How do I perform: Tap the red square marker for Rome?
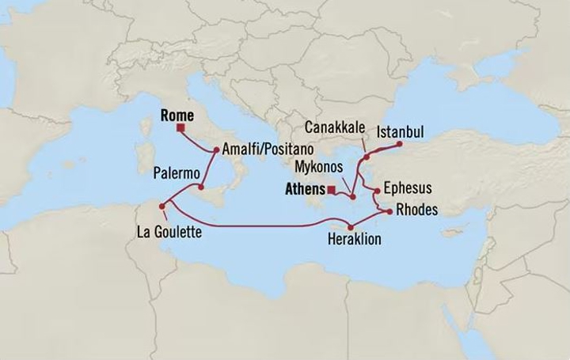point(181,127)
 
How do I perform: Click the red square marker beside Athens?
point(330,190)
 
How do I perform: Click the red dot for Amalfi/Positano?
point(215,149)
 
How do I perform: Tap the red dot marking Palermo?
point(202,188)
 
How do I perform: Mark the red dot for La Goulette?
point(162,207)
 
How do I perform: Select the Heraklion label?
point(350,235)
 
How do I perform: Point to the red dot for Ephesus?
point(377,190)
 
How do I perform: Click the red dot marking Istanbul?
point(399,144)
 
